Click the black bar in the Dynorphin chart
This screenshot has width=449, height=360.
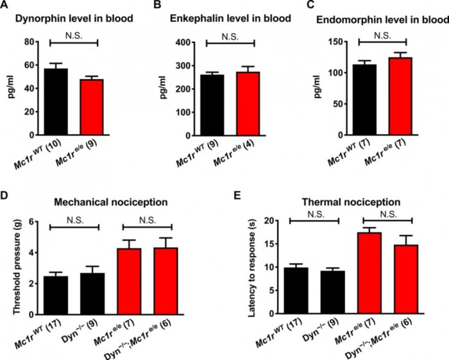[x=56, y=102]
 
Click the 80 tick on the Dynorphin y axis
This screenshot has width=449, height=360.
[x=30, y=42]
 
